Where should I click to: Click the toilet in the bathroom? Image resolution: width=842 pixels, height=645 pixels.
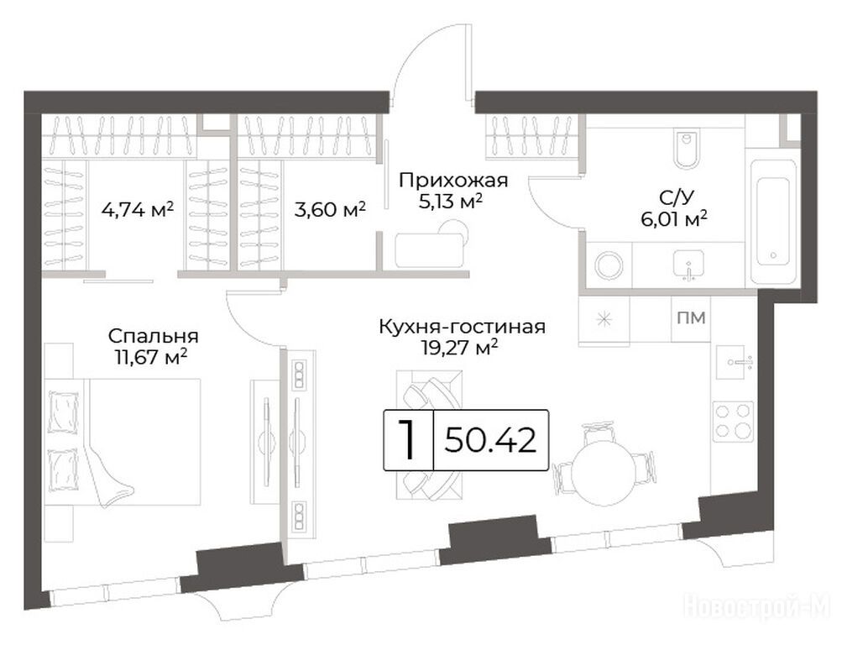(x=686, y=147)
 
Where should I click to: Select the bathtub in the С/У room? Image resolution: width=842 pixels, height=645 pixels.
(x=773, y=221)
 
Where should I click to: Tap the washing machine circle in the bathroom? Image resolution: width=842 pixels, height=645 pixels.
(x=609, y=265)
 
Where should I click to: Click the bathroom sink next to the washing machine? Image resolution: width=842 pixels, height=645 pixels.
(x=688, y=265)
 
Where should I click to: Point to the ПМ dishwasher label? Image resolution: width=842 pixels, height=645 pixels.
(x=691, y=318)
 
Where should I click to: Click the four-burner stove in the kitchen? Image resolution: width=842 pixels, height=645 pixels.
(x=733, y=421)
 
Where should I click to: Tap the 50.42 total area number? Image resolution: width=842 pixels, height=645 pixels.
(x=490, y=440)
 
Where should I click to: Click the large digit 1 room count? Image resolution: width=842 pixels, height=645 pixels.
(x=408, y=440)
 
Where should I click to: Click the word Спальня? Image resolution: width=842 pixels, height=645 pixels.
(x=153, y=336)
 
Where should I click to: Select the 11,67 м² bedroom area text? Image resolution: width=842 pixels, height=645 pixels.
(x=151, y=357)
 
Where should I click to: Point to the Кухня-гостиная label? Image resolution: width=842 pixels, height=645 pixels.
(x=462, y=327)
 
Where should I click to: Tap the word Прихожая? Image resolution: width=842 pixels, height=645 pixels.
(x=453, y=181)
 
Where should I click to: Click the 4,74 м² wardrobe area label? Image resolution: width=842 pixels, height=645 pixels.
(x=137, y=209)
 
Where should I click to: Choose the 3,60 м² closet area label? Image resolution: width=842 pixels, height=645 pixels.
(x=330, y=209)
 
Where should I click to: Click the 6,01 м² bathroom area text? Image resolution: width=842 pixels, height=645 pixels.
(x=674, y=219)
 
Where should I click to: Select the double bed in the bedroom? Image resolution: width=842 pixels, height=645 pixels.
(x=123, y=442)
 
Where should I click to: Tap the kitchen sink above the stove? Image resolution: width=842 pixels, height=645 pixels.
(x=731, y=363)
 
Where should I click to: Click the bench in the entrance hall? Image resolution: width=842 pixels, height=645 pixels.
(x=429, y=249)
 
